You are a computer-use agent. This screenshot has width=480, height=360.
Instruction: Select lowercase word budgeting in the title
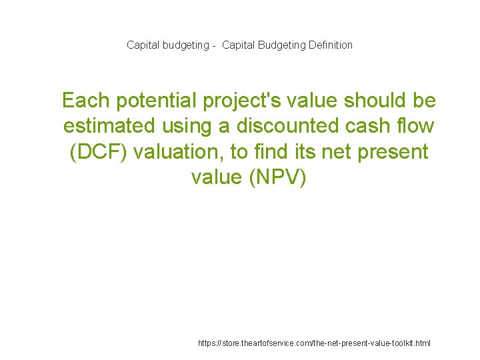point(181,45)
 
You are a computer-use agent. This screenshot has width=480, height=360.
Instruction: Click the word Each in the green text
point(85,101)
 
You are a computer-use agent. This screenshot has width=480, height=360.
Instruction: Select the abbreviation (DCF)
point(99,152)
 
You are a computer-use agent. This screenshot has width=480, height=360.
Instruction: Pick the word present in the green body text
point(394,152)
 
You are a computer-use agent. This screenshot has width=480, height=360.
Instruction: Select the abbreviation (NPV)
point(277,177)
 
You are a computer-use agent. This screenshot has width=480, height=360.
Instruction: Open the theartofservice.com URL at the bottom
point(315,343)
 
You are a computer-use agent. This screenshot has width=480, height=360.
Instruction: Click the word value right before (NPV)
point(217,177)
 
